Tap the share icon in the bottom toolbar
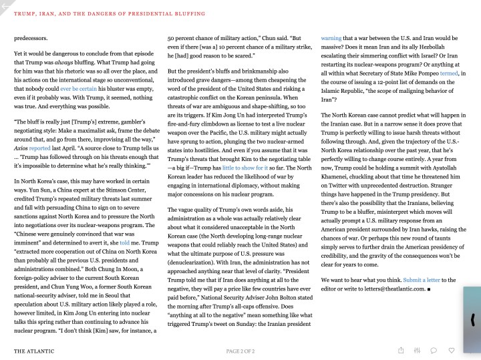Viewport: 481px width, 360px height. [x=401, y=350]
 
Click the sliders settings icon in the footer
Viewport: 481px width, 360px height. [x=418, y=350]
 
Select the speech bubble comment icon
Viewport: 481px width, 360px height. [x=434, y=350]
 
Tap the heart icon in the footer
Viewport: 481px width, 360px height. [x=452, y=350]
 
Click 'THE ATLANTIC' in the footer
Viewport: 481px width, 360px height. [x=34, y=351]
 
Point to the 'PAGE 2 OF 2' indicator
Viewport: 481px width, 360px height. [x=240, y=351]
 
